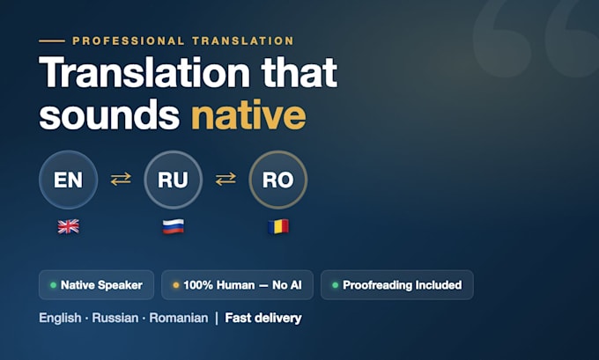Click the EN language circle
[69, 180]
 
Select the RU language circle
[173, 180]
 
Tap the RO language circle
[278, 180]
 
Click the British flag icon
[69, 226]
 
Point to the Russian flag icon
[173, 226]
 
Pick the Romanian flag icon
[278, 226]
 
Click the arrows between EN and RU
[121, 179]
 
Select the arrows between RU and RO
[226, 179]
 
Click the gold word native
[248, 114]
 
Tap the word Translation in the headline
[144, 72]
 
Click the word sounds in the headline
[109, 114]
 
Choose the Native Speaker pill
[96, 285]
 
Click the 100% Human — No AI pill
[237, 285]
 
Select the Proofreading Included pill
[397, 285]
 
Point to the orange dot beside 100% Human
[175, 285]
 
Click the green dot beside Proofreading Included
[335, 285]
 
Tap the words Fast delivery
[263, 318]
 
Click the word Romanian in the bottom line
[179, 318]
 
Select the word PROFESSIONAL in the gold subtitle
[129, 40]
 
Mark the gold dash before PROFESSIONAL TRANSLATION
[52, 40]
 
